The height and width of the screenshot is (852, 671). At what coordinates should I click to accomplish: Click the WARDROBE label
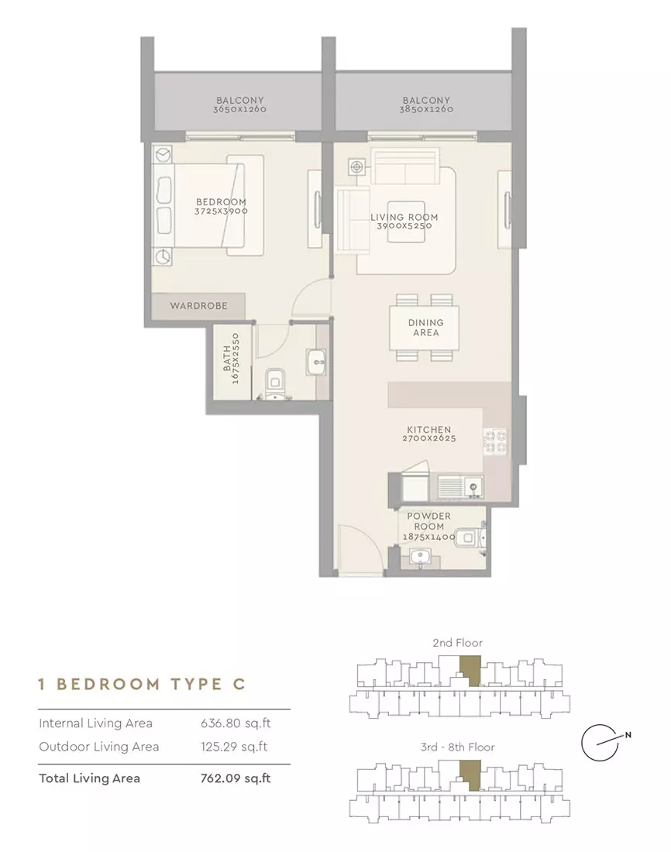click(x=198, y=306)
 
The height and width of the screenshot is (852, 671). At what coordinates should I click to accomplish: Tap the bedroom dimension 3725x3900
click(x=222, y=211)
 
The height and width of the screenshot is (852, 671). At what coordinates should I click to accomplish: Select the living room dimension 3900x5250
click(x=404, y=226)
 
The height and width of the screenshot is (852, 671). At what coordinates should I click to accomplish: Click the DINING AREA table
click(x=424, y=328)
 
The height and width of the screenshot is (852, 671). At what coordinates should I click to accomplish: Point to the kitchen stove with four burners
click(x=495, y=441)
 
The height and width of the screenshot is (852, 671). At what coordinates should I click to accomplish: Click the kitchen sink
click(x=460, y=487)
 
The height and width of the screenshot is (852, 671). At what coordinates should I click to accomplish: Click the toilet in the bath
click(x=274, y=383)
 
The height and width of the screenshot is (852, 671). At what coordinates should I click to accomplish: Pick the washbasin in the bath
click(x=316, y=362)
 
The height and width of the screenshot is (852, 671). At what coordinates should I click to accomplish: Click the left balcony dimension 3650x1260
click(x=239, y=108)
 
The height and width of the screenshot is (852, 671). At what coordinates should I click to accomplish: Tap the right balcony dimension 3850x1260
click(x=426, y=108)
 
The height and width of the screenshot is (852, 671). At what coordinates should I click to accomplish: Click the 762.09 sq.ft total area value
click(x=236, y=778)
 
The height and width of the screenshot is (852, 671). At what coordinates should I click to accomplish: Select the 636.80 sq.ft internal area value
click(x=236, y=723)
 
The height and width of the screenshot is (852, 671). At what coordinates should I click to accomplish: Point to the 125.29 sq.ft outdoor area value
click(x=234, y=747)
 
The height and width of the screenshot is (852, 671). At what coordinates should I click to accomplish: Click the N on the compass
click(x=628, y=734)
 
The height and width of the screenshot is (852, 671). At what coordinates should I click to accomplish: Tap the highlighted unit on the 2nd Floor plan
click(x=471, y=670)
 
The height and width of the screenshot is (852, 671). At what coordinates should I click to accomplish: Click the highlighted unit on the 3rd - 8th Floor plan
click(x=471, y=775)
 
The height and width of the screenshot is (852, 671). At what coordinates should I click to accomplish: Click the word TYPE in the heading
click(x=197, y=684)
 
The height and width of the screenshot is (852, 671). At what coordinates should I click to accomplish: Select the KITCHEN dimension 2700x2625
click(x=429, y=438)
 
